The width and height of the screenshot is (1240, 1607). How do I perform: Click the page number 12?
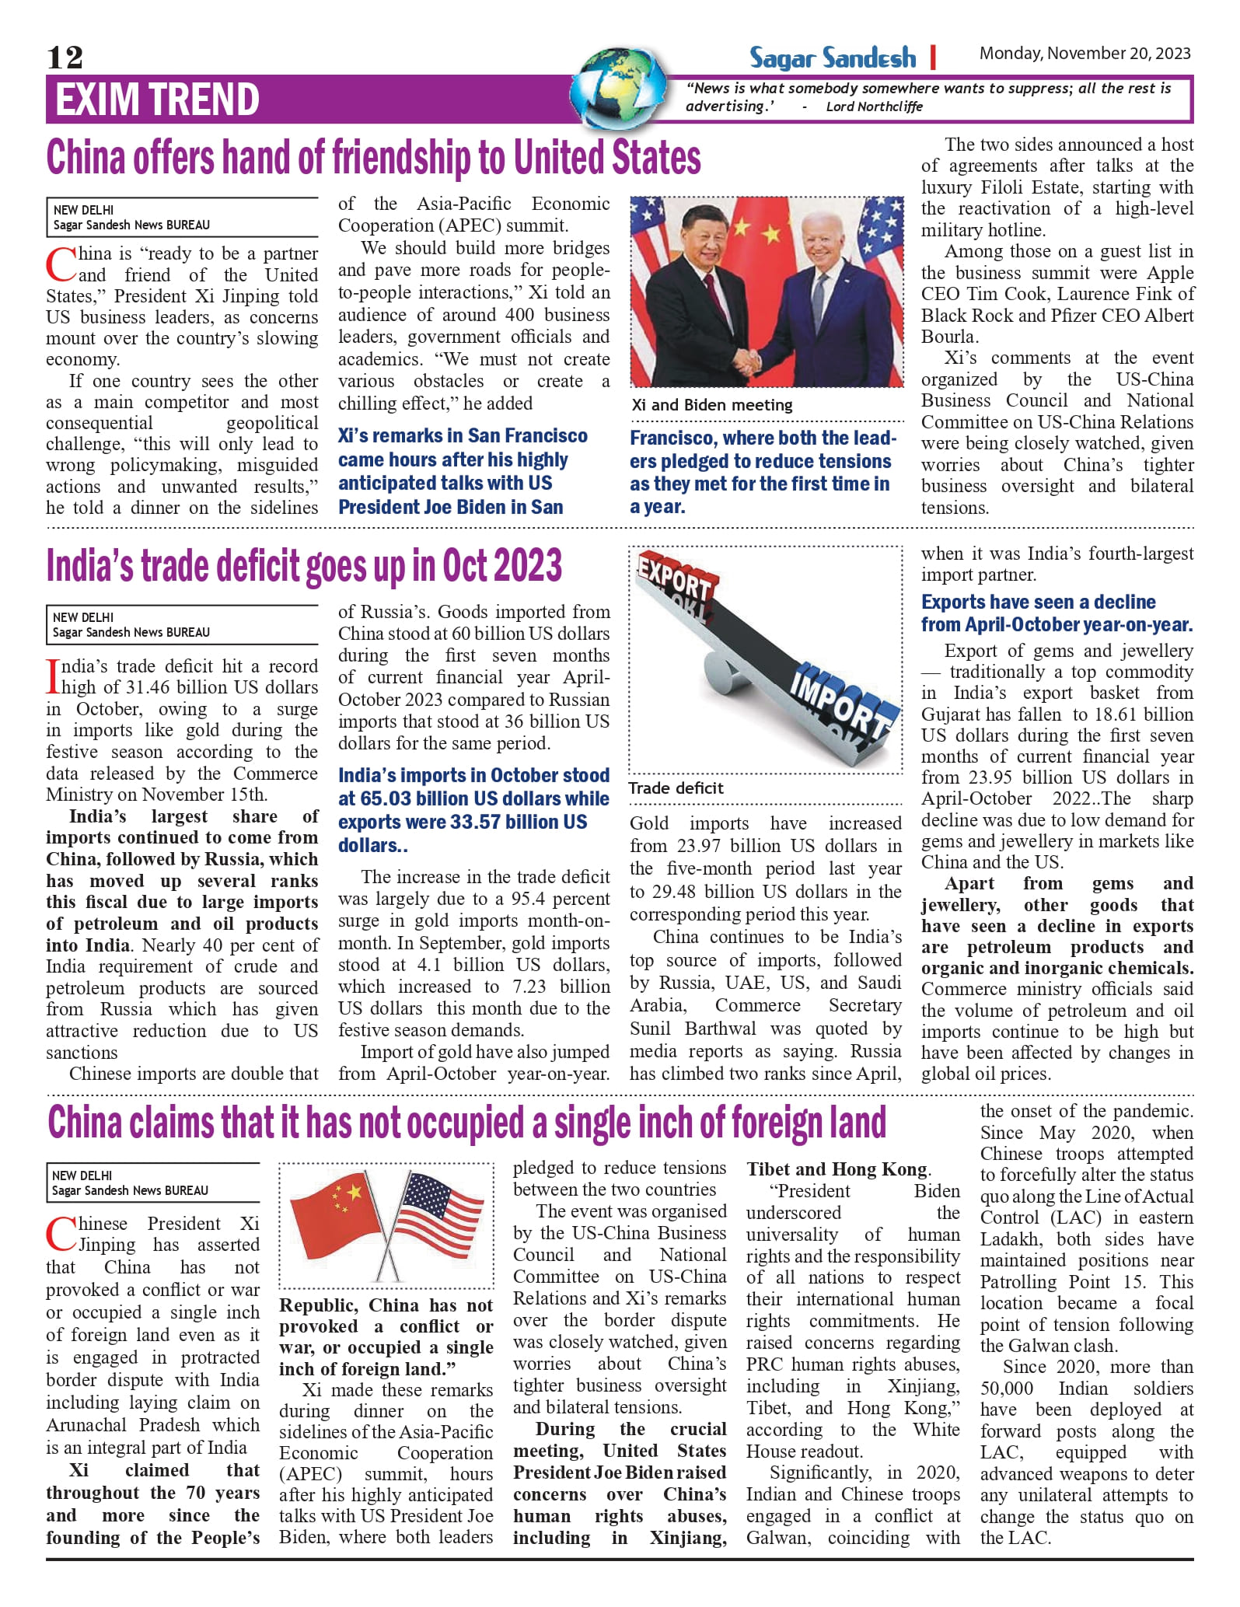[x=65, y=58]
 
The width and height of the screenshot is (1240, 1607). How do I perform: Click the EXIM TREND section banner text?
[x=157, y=100]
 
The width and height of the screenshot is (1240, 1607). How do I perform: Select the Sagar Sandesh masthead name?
[x=833, y=58]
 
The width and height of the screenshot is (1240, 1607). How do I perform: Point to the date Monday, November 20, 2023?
[x=1085, y=54]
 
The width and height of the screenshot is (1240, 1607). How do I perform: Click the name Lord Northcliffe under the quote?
[x=874, y=107]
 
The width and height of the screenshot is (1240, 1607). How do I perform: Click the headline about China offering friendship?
[x=373, y=158]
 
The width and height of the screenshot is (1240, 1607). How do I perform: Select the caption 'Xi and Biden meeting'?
[x=711, y=405]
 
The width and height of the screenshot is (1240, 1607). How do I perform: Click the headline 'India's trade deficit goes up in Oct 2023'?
[x=304, y=565]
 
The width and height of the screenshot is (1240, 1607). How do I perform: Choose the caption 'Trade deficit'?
[x=676, y=788]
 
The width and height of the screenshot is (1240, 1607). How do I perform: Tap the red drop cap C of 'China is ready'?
[x=61, y=264]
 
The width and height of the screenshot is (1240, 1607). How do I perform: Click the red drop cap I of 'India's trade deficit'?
[x=53, y=676]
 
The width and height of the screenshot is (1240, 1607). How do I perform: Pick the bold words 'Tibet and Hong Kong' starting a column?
[x=837, y=1169]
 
